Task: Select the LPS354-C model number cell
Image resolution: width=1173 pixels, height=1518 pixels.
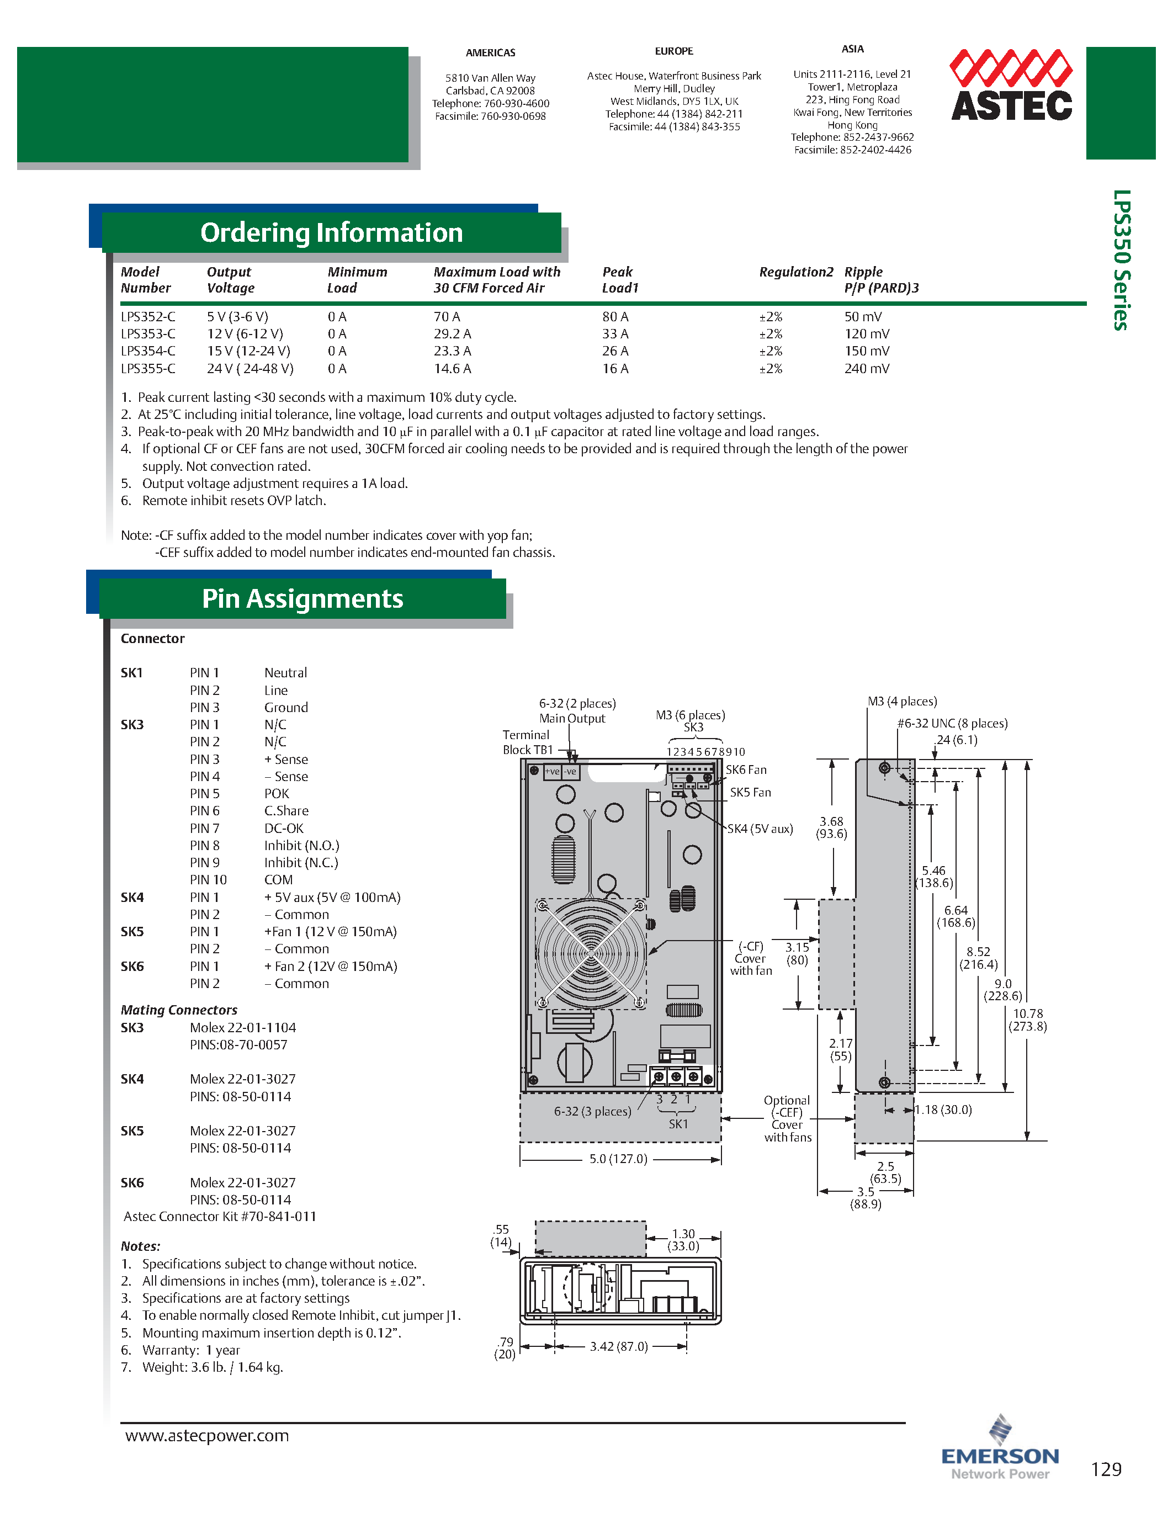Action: point(148,351)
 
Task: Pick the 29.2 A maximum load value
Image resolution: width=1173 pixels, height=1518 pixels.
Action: point(453,333)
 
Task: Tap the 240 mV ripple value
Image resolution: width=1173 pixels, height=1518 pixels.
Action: point(867,368)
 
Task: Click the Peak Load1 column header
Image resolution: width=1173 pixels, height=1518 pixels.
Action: point(619,279)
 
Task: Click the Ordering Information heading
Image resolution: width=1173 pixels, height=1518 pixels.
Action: point(331,233)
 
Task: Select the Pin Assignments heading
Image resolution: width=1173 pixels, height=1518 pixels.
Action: point(302,598)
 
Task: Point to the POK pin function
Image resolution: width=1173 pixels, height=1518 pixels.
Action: point(277,794)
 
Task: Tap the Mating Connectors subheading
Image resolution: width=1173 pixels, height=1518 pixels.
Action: point(179,1010)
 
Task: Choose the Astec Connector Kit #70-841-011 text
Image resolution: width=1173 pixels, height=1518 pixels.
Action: point(220,1217)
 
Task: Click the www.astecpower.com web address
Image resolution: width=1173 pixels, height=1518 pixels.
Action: point(206,1435)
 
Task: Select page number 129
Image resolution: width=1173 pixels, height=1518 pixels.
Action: point(1106,1469)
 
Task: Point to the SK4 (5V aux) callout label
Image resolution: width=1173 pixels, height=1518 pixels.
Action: point(760,829)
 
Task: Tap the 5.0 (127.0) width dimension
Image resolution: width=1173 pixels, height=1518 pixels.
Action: point(618,1159)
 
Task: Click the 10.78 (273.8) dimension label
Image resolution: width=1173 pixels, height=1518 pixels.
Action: point(1028,1020)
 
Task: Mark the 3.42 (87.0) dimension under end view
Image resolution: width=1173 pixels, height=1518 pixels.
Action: point(618,1346)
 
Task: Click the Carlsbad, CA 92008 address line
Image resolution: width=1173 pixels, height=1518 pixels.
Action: point(490,91)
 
